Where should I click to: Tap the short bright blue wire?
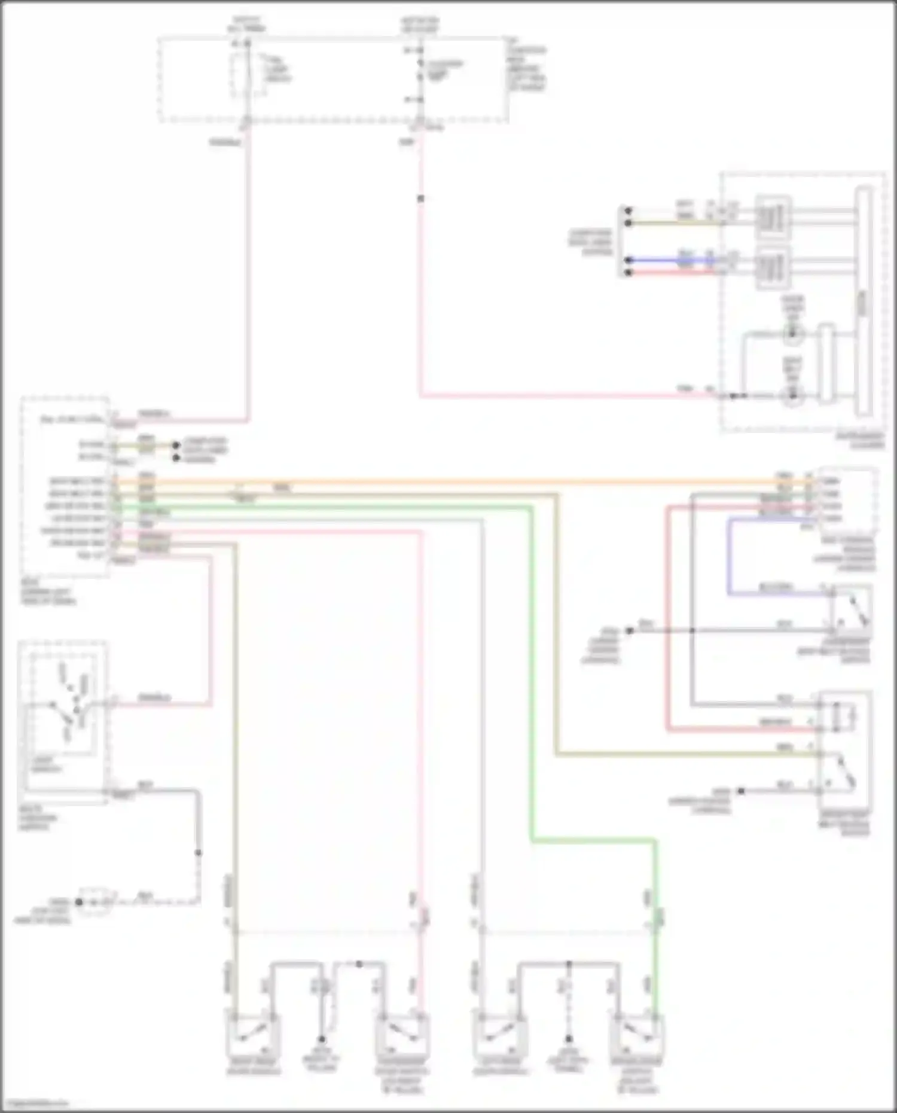tap(670, 260)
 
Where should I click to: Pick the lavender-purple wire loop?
tap(729, 556)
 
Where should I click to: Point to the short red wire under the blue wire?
tap(670, 273)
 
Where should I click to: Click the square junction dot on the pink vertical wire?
tap(420, 198)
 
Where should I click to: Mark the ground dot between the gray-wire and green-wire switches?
tap(569, 1039)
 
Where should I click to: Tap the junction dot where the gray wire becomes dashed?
tap(198, 852)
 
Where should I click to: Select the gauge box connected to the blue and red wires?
tap(773, 267)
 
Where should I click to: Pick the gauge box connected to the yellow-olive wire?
tap(773, 217)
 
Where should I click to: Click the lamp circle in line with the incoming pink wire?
tap(792, 395)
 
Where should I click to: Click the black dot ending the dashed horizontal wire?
tap(79, 902)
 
